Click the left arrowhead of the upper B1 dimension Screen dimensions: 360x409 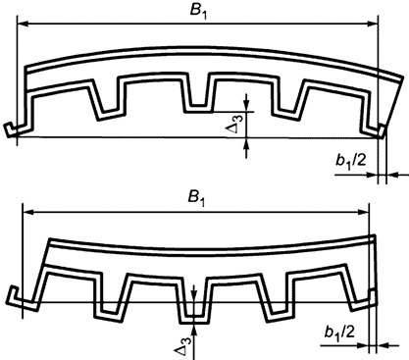(x=23, y=24)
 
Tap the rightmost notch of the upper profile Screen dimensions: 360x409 (x=292, y=98)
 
